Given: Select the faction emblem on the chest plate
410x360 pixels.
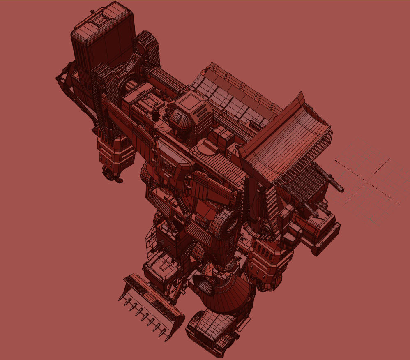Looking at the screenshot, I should click(169, 164).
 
